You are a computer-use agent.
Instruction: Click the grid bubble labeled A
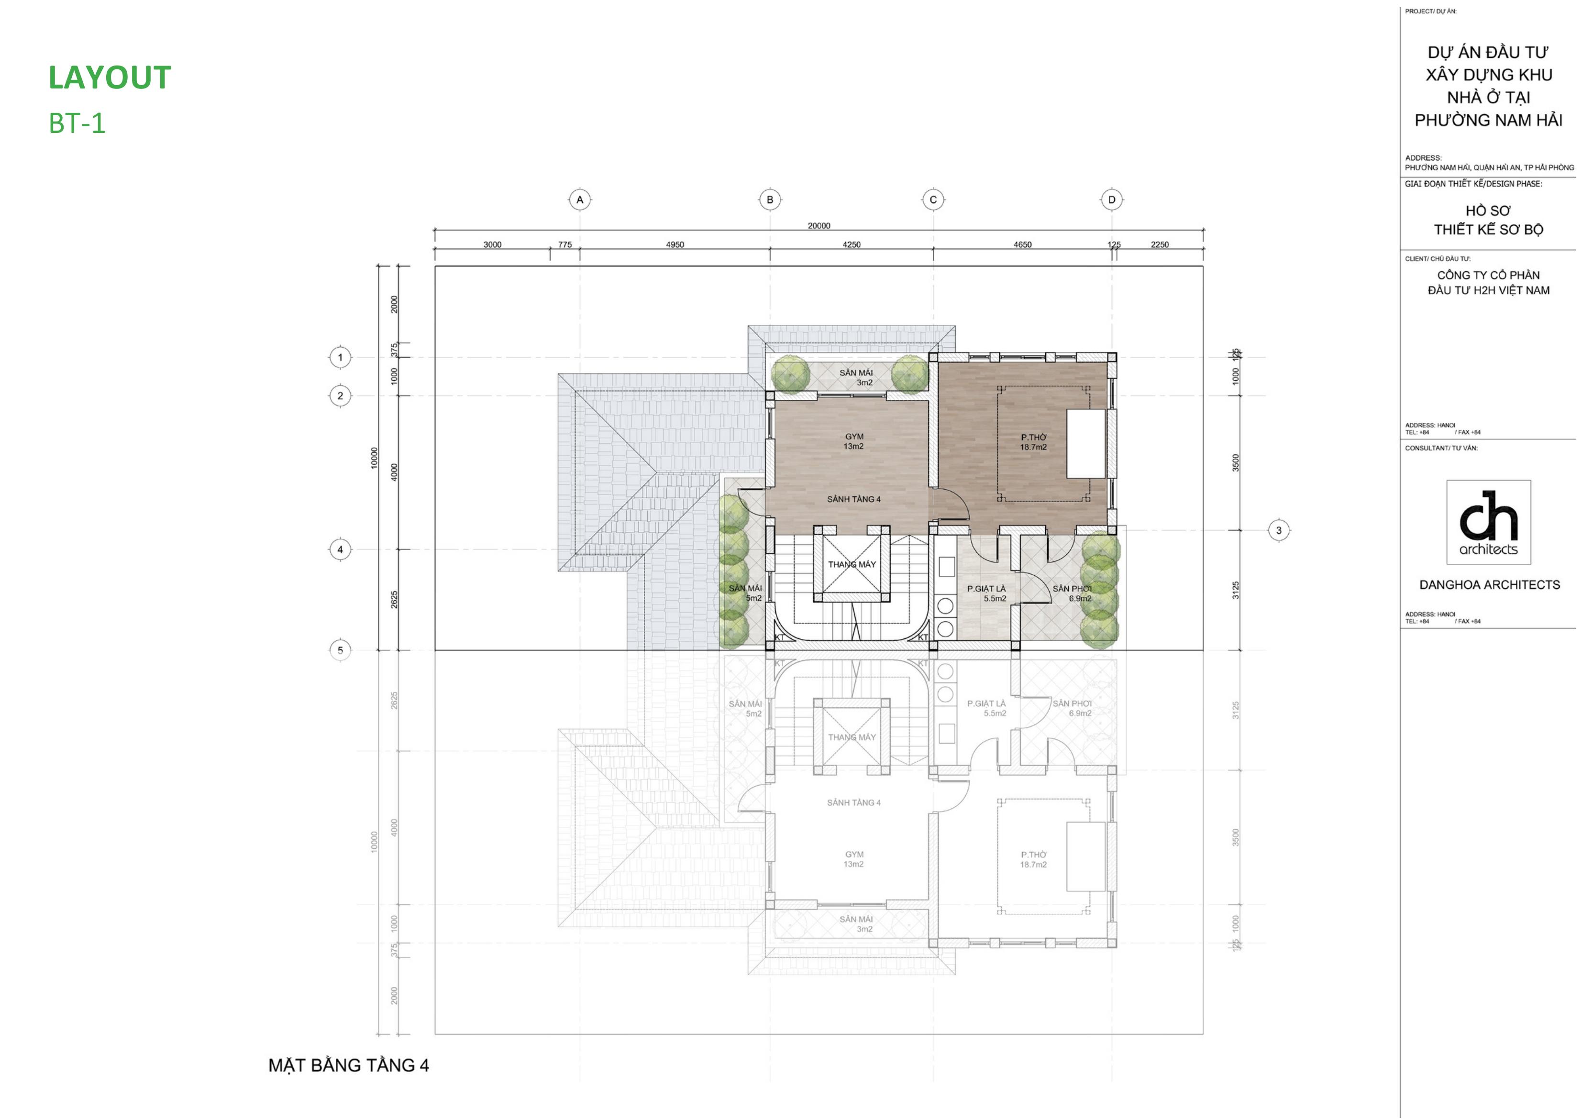[580, 200]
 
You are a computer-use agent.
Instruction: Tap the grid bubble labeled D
[1111, 200]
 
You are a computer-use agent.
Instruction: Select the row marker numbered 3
[1279, 530]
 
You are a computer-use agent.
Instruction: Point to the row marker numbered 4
[340, 549]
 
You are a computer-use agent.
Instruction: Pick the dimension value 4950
[675, 245]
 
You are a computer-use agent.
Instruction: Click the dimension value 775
[564, 245]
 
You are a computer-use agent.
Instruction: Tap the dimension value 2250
[1160, 245]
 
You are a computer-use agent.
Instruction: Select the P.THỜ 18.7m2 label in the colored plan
[1033, 442]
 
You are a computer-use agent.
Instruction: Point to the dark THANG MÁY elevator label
[852, 564]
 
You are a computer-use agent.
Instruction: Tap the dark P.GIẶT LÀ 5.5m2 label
[986, 593]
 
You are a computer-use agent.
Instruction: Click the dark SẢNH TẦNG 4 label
[853, 499]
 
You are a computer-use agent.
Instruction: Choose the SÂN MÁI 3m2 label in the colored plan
[856, 378]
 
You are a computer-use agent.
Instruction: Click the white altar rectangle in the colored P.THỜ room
[1086, 444]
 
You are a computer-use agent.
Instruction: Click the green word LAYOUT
[110, 78]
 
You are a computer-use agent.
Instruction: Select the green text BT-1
[77, 123]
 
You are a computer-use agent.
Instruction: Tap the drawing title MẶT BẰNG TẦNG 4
[348, 1065]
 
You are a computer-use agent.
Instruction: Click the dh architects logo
[1488, 522]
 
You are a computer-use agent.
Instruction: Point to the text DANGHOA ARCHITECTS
[1489, 585]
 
